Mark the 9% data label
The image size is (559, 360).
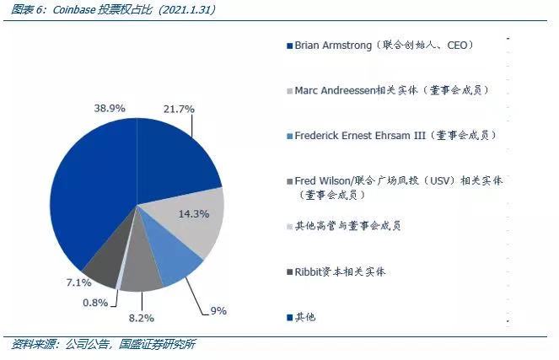(x=218, y=311)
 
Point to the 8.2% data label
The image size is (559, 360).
(x=142, y=318)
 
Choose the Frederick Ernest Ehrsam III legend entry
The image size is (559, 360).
(x=392, y=135)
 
